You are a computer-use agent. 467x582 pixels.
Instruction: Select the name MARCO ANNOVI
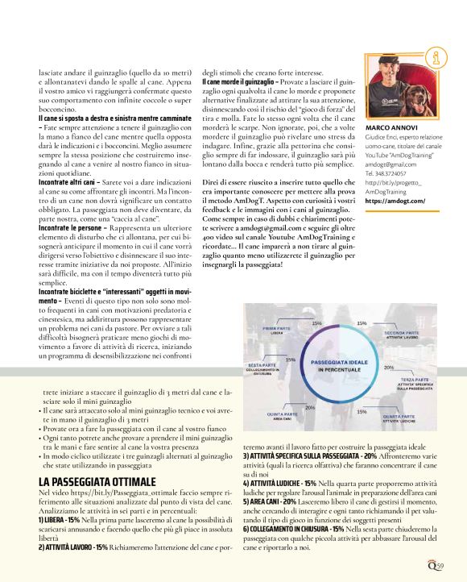[392, 127]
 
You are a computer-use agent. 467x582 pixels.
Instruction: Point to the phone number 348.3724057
[399, 173]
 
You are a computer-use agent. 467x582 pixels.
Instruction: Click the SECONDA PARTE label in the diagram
[389, 331]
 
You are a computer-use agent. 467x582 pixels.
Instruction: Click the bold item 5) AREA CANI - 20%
[279, 524]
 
